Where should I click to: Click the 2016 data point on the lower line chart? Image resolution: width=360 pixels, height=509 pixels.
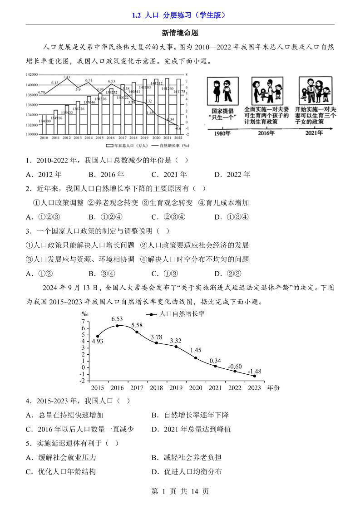tap(117, 326)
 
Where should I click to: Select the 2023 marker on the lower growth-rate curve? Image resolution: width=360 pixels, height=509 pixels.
tap(255, 376)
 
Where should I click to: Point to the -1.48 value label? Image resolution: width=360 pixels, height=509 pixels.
tap(254, 372)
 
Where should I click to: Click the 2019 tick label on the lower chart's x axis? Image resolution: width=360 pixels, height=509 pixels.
tap(176, 388)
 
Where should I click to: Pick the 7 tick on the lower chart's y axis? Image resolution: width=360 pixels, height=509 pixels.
tap(83, 321)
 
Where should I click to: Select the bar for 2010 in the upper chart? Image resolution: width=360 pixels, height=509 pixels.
tap(44, 125)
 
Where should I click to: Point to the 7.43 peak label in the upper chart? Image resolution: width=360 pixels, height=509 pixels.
tap(66, 78)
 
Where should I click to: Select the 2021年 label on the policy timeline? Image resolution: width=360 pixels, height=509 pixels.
tap(314, 133)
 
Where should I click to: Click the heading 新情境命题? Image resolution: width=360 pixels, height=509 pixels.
tap(180, 33)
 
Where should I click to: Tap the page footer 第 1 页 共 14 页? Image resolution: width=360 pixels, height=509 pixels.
tap(180, 491)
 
